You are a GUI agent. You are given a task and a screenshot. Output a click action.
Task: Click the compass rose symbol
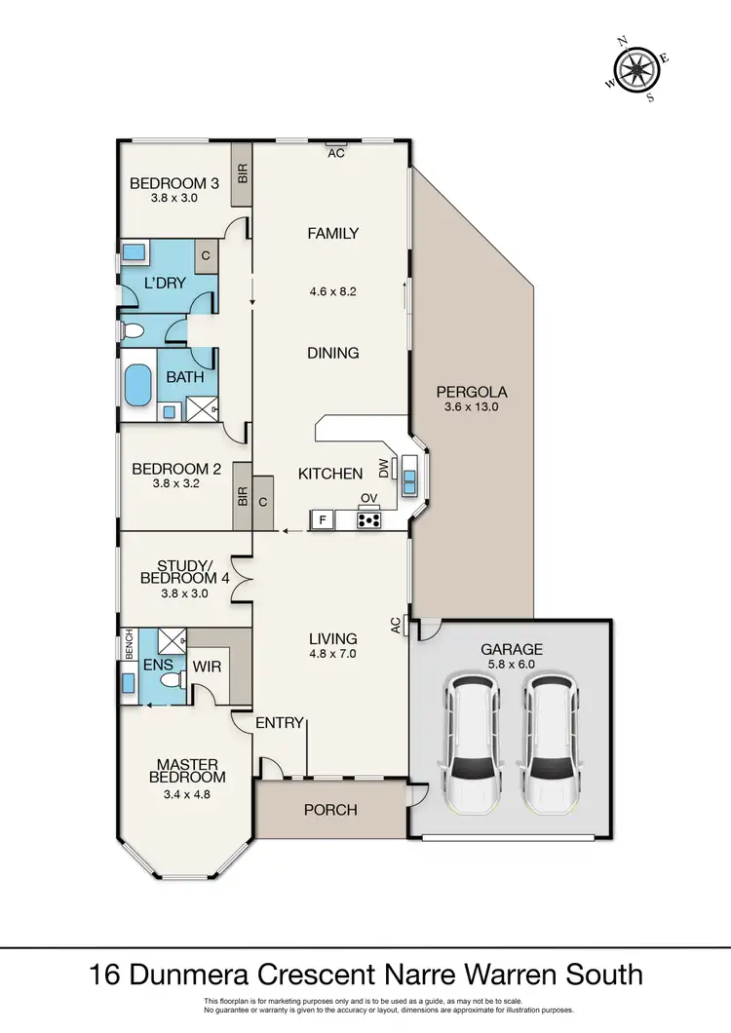(636, 69)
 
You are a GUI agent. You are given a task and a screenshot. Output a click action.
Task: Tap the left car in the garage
(472, 742)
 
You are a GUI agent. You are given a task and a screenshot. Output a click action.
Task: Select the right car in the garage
(550, 742)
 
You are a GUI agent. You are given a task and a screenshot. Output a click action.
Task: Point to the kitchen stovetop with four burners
(368, 519)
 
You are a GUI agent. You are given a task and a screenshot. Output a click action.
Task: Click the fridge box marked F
(323, 519)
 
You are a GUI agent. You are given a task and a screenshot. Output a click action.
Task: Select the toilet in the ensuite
(172, 680)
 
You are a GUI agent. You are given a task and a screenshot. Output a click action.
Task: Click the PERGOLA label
(472, 392)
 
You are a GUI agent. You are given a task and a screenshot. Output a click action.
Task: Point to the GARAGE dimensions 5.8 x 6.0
(512, 664)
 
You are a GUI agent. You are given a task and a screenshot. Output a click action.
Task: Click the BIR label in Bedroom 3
(243, 173)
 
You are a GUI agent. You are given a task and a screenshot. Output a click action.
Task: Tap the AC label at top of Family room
(336, 153)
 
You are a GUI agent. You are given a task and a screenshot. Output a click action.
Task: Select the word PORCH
(330, 810)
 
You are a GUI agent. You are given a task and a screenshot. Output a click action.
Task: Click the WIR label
(207, 667)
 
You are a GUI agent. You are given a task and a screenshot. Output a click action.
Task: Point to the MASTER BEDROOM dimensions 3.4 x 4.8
(187, 794)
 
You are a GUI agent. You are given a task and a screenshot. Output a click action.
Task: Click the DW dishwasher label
(384, 469)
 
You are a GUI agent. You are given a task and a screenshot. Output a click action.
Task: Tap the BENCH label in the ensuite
(129, 643)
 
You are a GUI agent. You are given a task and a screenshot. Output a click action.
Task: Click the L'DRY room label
(165, 284)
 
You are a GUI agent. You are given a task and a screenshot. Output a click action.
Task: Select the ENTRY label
(280, 723)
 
